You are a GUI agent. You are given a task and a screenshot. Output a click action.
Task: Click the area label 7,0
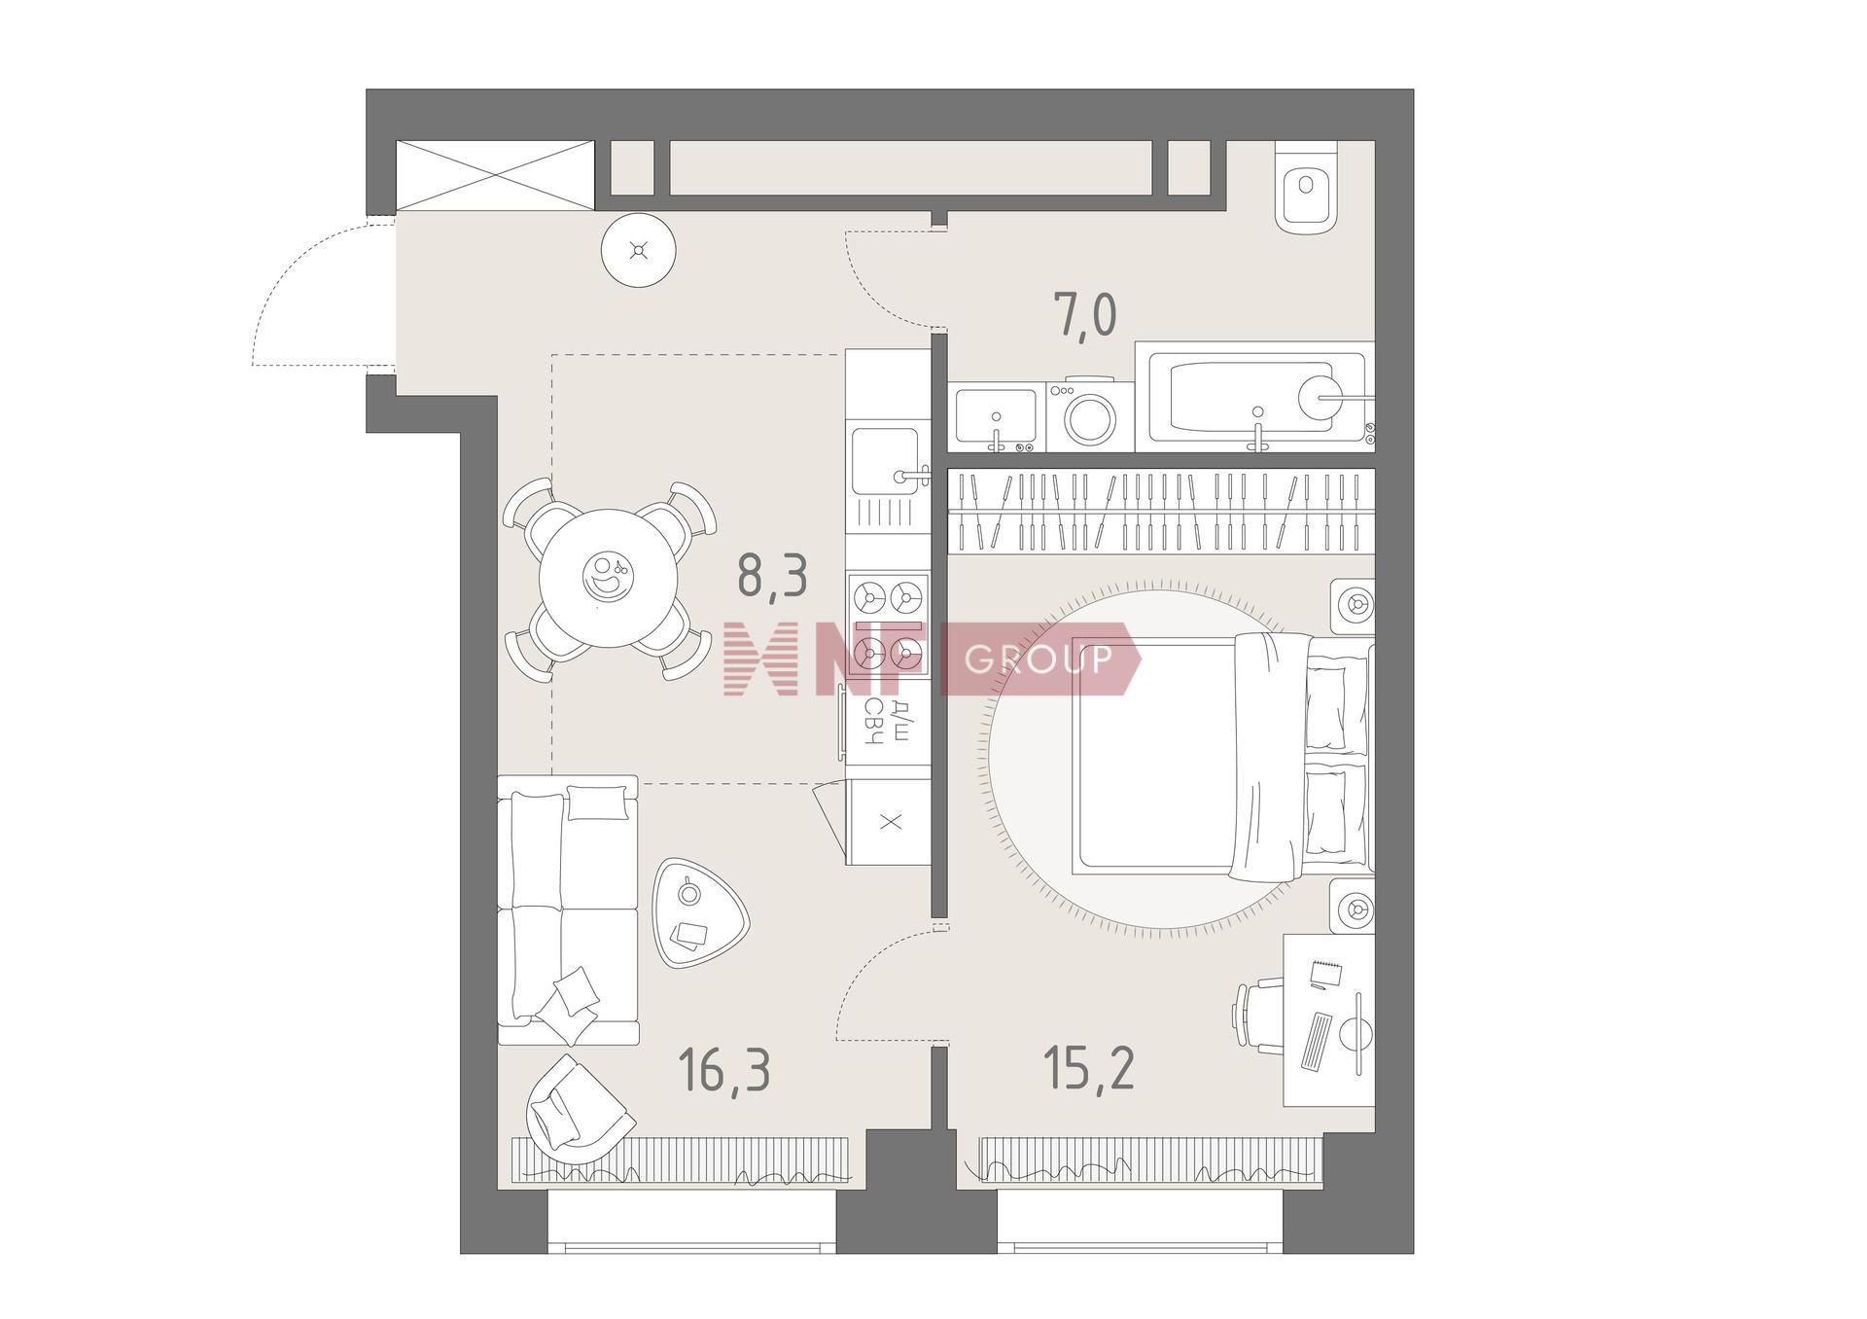(x=1085, y=315)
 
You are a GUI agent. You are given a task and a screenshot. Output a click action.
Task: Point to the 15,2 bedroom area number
(x=1088, y=1068)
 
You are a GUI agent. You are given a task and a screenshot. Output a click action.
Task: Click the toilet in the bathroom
(x=1305, y=187)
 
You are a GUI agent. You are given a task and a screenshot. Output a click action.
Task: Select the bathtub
(x=1255, y=397)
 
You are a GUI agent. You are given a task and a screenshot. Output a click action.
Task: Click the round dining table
(x=609, y=580)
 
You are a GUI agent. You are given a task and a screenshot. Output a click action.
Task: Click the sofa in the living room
(x=568, y=910)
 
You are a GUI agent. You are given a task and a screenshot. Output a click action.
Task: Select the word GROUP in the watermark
(x=1039, y=659)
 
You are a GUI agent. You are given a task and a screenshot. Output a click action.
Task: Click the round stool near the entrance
(x=638, y=250)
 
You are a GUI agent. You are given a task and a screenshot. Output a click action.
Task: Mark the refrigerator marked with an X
(x=889, y=822)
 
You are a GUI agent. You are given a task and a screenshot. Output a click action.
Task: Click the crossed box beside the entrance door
(x=495, y=176)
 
